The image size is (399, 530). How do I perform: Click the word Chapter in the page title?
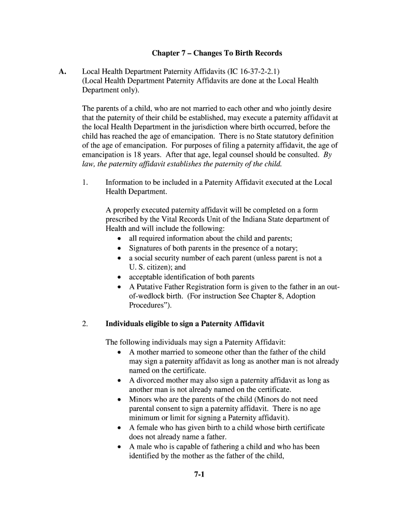click(x=165, y=53)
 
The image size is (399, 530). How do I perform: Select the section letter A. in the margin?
click(x=62, y=71)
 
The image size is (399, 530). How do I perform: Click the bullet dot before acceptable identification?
click(x=120, y=277)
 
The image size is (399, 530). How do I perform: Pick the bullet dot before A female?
click(x=120, y=428)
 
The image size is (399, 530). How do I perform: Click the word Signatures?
click(x=147, y=248)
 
